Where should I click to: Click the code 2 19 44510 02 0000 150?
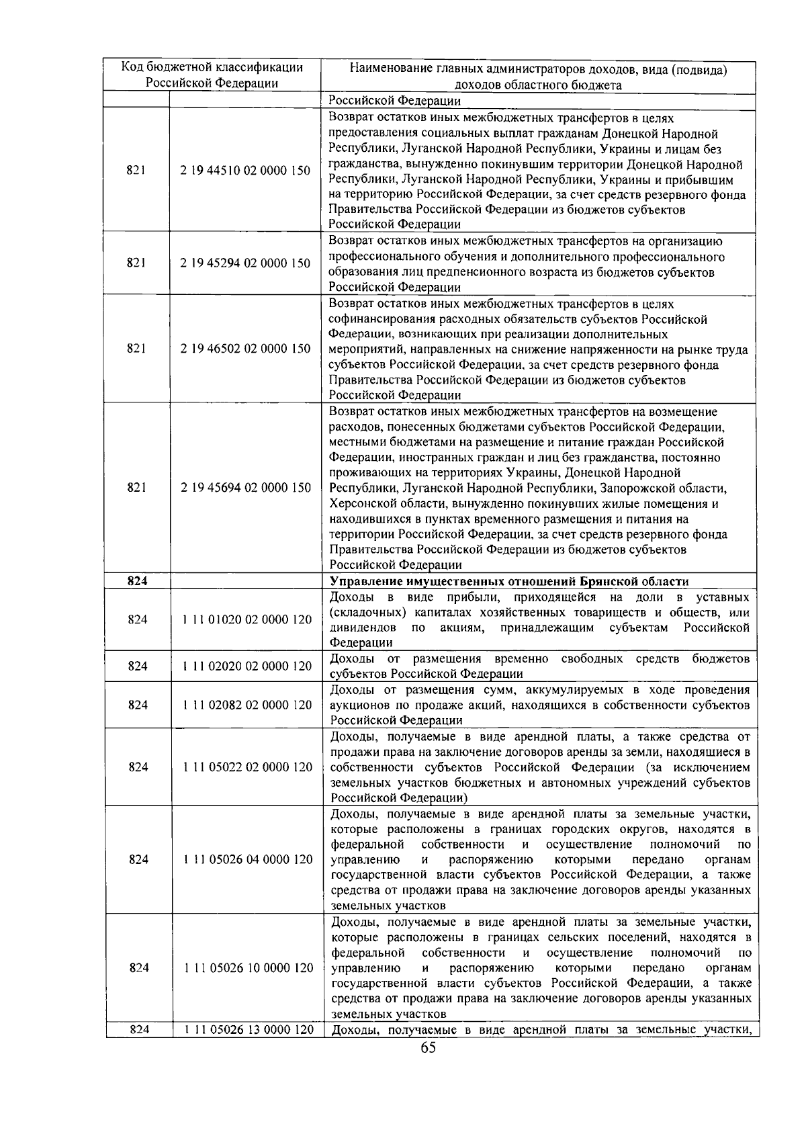(245, 171)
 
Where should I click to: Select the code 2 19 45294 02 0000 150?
(245, 263)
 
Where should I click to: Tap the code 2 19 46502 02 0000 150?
(245, 349)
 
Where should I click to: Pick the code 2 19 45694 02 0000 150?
(245, 488)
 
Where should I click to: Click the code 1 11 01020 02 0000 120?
(247, 619)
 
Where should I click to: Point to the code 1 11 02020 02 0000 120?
(247, 666)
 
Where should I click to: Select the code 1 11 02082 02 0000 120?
(247, 705)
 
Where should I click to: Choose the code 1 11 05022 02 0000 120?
(247, 767)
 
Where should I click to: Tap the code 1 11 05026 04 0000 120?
(247, 860)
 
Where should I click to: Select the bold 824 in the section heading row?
(137, 582)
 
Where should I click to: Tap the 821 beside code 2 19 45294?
(136, 263)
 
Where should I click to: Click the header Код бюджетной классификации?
(212, 67)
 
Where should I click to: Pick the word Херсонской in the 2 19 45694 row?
(362, 504)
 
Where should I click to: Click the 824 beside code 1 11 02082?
(138, 705)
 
